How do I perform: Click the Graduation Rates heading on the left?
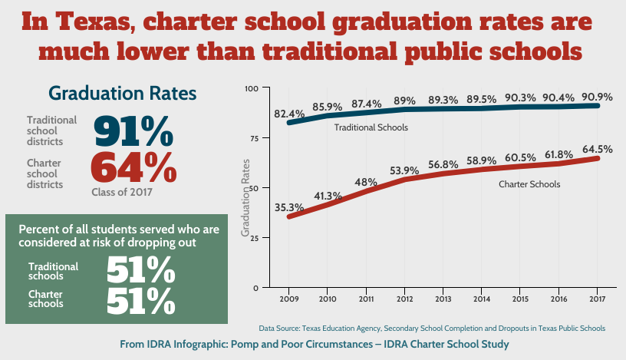pos(123,93)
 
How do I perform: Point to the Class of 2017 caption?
pos(121,193)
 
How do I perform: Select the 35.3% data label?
pos(289,207)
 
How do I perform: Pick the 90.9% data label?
pos(597,97)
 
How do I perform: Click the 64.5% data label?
pos(597,149)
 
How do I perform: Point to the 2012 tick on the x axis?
pos(405,299)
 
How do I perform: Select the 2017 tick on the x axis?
pos(598,299)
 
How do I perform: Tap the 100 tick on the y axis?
pos(251,88)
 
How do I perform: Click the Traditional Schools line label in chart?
pos(371,127)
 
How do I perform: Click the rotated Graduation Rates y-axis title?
pos(246,197)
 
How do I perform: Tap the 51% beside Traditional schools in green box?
pos(140,270)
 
